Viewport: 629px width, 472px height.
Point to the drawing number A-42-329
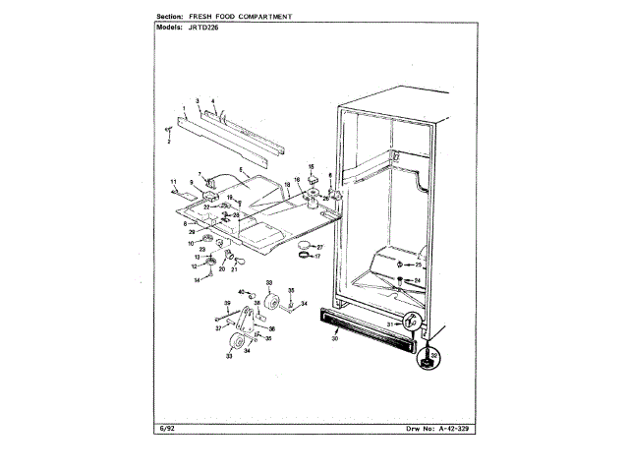point(447,431)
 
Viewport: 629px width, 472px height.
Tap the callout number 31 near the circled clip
point(390,323)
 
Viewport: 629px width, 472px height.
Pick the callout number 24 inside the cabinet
point(417,280)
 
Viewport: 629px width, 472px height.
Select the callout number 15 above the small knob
point(312,167)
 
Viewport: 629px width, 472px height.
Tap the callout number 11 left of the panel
point(173,182)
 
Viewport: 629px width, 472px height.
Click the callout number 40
point(241,293)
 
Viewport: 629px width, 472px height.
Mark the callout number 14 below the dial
point(197,280)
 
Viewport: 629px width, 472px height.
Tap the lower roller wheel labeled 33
point(237,343)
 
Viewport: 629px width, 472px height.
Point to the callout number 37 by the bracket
point(219,328)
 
